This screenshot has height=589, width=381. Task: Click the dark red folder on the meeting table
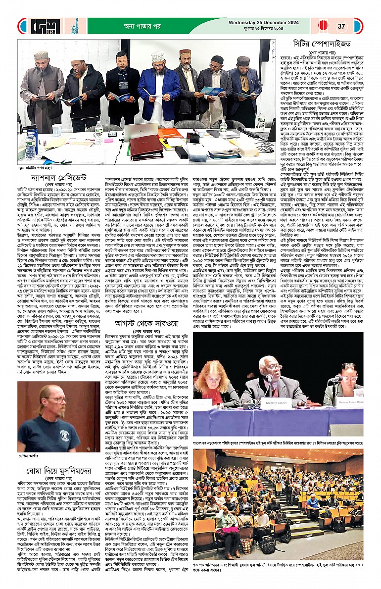(146, 147)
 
